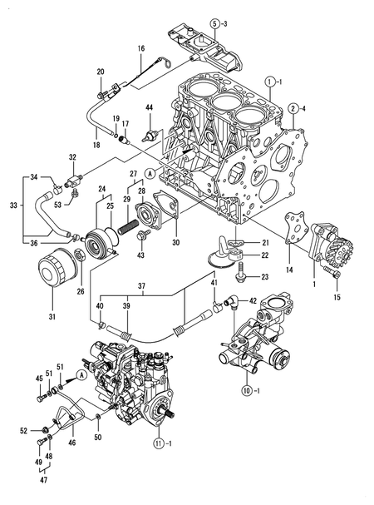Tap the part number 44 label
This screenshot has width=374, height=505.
coord(150,108)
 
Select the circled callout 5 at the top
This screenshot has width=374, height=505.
coord(215,23)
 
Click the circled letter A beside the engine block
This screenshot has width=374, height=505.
coord(150,172)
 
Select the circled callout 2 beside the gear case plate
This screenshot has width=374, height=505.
coord(294,108)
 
